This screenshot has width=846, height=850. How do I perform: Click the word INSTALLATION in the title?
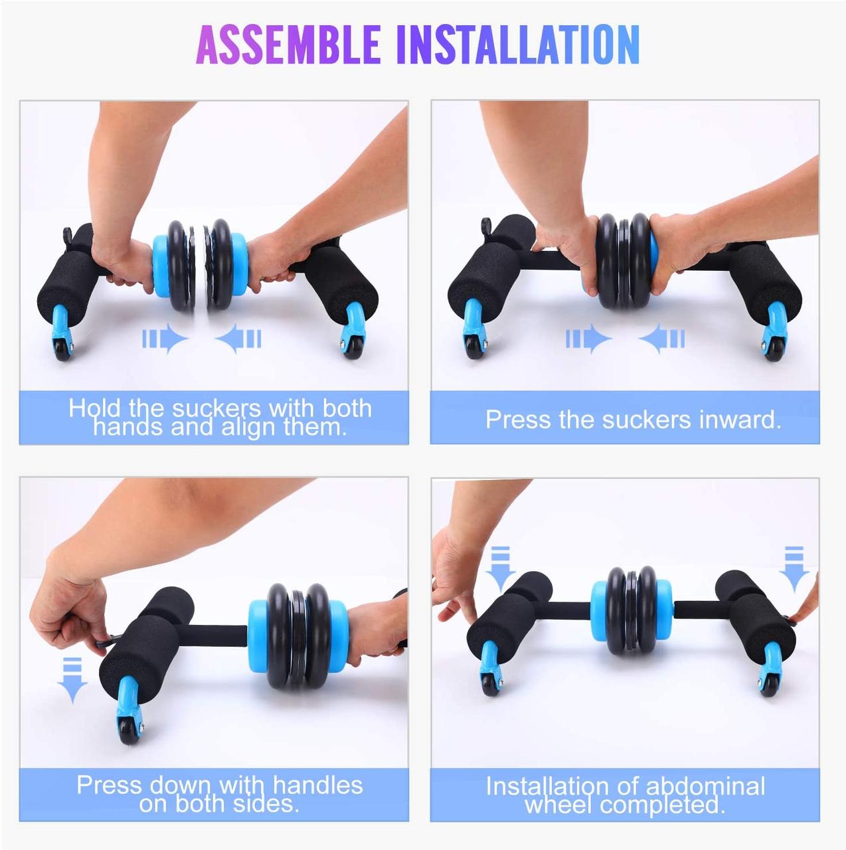517,44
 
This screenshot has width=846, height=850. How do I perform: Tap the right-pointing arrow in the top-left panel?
165,339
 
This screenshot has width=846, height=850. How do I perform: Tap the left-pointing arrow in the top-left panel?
238,339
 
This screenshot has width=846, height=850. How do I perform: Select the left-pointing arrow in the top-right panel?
662,339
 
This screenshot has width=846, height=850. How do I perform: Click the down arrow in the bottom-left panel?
72,679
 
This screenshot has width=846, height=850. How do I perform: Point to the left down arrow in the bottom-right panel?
500,568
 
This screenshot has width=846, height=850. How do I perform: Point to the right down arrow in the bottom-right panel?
794,568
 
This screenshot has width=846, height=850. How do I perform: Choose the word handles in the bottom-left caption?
317,785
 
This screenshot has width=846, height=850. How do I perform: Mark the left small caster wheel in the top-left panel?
63,349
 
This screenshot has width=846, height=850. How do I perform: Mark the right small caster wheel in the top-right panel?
772,349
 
